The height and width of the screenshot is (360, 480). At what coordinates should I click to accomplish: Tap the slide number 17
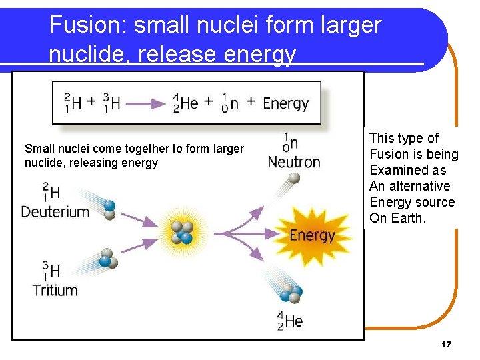pyautogui.click(x=446, y=345)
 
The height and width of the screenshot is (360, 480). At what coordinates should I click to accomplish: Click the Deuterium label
pyautogui.click(x=55, y=212)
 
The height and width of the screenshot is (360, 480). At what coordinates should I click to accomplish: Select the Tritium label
pyautogui.click(x=55, y=290)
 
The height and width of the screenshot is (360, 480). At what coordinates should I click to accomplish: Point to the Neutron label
pyautogui.click(x=294, y=162)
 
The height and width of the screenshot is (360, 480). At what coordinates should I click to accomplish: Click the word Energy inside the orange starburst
pyautogui.click(x=312, y=235)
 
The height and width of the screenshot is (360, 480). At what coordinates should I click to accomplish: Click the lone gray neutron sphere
pyautogui.click(x=294, y=178)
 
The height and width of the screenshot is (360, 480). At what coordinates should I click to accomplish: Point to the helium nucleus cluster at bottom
pyautogui.click(x=291, y=293)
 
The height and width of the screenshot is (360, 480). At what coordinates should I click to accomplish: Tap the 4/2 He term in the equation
pyautogui.click(x=186, y=103)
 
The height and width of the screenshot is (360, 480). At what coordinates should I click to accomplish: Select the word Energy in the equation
pyautogui.click(x=285, y=103)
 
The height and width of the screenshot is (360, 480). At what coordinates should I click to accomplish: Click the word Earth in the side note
pyautogui.click(x=408, y=218)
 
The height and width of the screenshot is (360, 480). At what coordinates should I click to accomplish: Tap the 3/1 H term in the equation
pyautogui.click(x=112, y=103)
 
